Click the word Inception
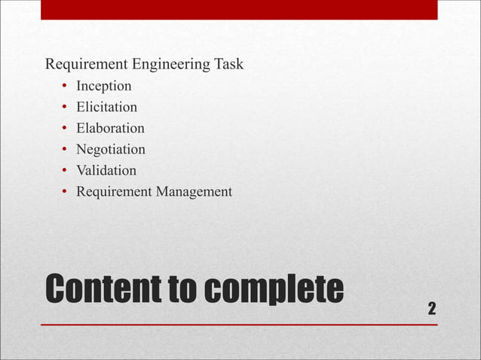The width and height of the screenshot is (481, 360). tap(103, 86)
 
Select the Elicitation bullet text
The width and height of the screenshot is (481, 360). tap(106, 107)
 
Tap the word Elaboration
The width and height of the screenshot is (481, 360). tap(110, 128)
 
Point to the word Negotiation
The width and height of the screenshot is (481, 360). tap(110, 149)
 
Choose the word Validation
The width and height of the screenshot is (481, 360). tap(106, 170)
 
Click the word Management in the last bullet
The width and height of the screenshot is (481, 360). tap(194, 191)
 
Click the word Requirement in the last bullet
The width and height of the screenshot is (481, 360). tap(114, 191)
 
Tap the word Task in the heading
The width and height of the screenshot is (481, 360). tap(228, 64)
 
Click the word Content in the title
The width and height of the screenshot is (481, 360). tap(97, 290)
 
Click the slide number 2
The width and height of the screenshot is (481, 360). tap(431, 308)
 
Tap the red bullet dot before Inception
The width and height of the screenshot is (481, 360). tap(66, 86)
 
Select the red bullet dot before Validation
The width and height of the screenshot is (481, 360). tap(66, 170)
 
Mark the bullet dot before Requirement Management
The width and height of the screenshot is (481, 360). tap(66, 191)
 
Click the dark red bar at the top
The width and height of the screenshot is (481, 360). tap(239, 10)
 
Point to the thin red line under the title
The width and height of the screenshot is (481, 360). tap(239, 325)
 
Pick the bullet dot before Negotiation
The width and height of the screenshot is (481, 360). tap(66, 149)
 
